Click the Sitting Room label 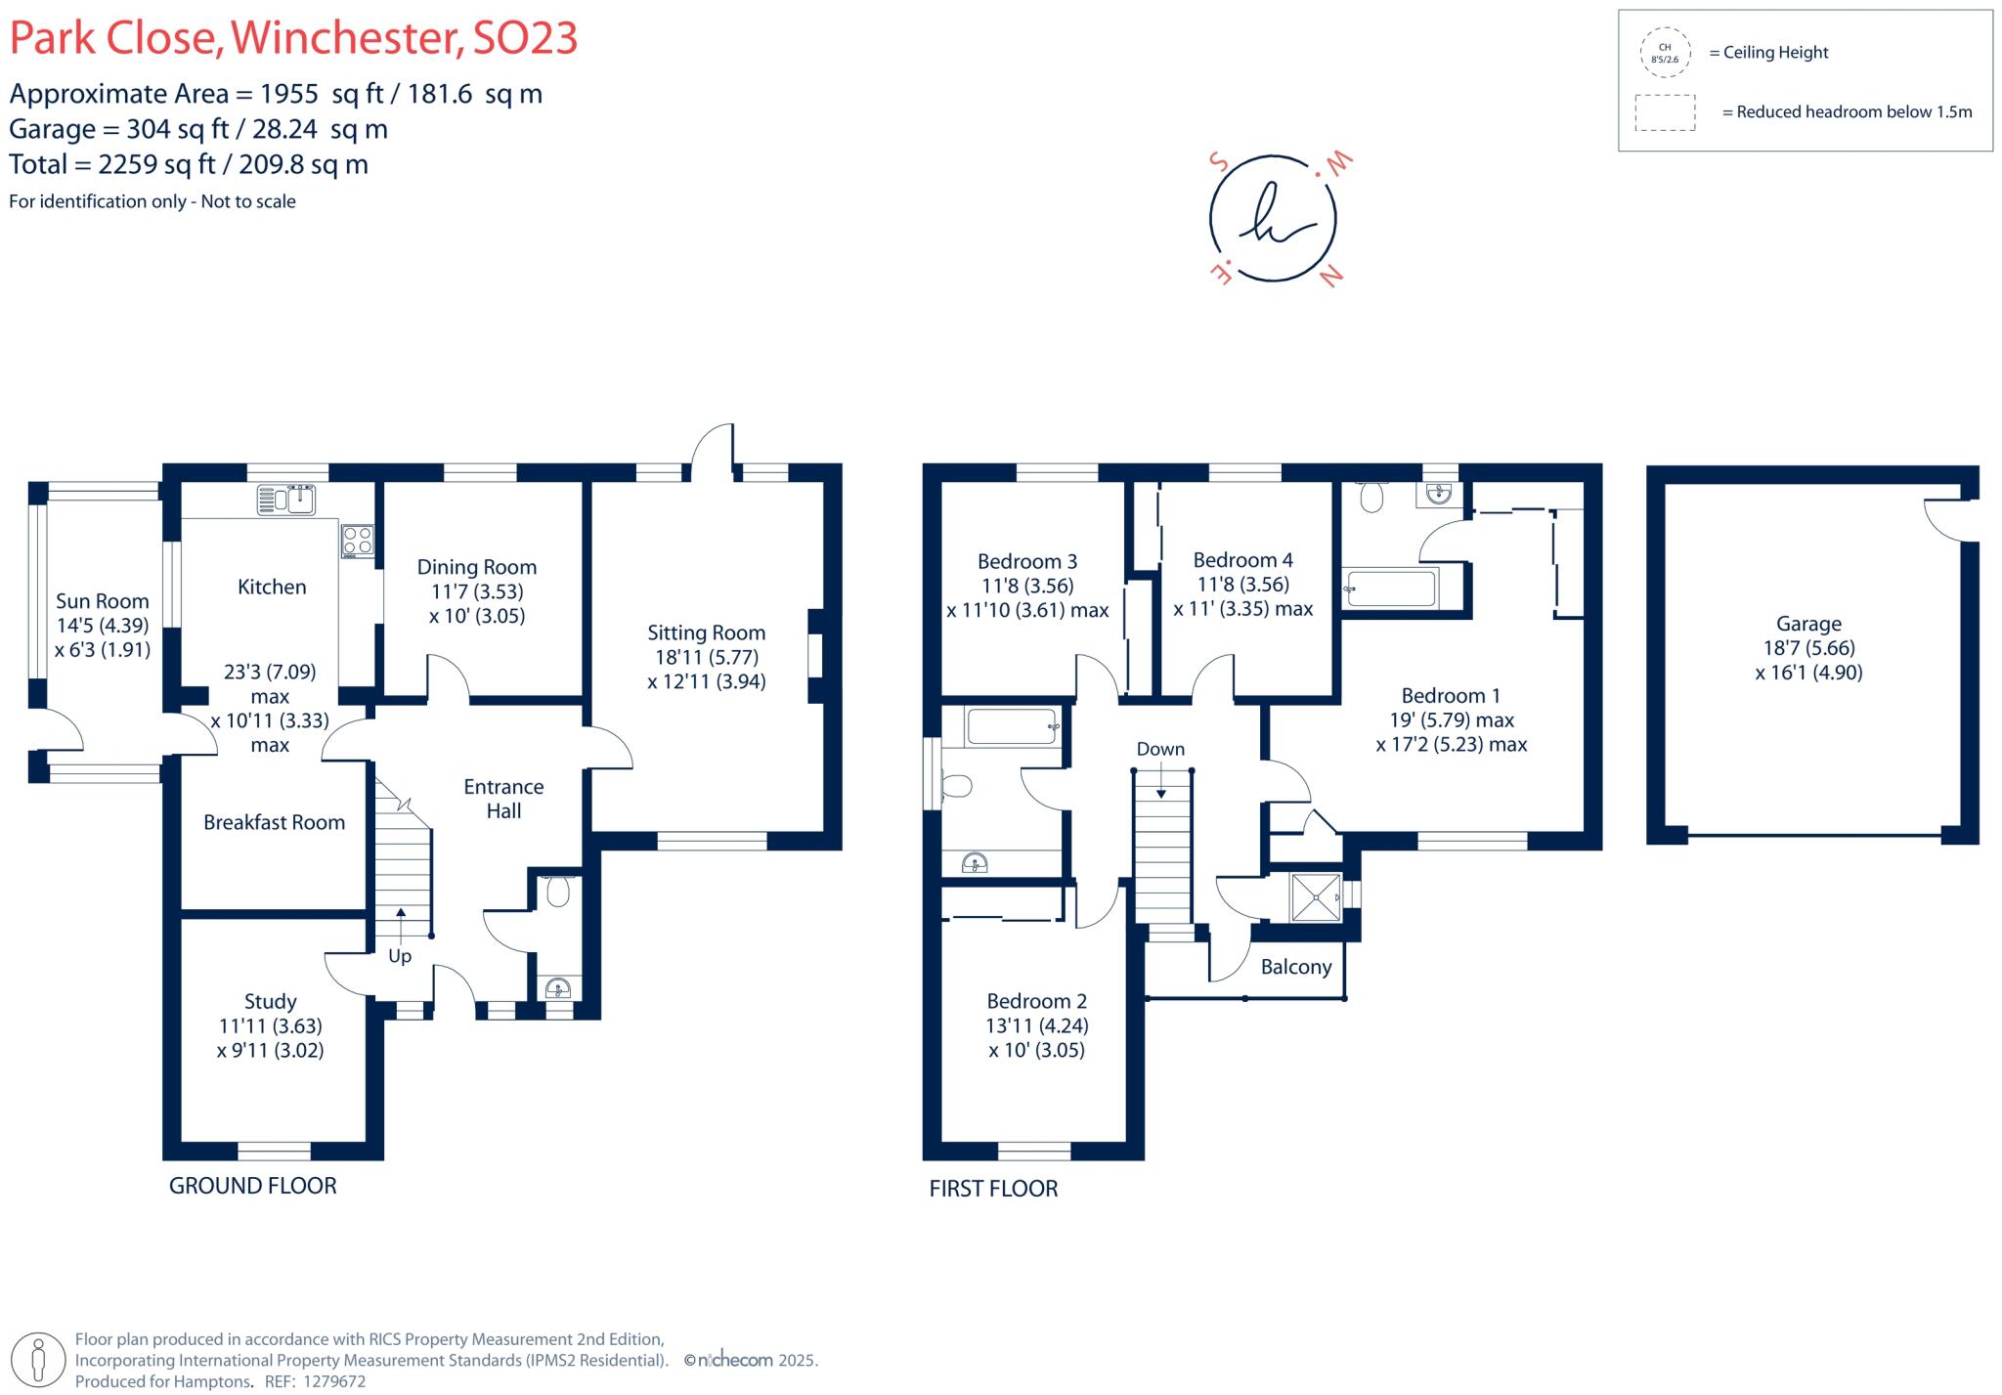pos(706,632)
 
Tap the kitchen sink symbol pos(286,500)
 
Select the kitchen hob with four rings pos(358,541)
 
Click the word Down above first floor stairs pos(1160,749)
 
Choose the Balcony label pos(1295,967)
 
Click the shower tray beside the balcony pos(1316,896)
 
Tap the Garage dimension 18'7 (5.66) pos(1808,647)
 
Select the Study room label pos(270,1001)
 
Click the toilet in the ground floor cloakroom pos(558,891)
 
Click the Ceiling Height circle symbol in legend pos(1665,53)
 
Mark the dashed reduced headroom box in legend pos(1665,112)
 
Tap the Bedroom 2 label pos(1036,1001)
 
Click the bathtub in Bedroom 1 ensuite pos(1389,589)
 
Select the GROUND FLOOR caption pos(252,1186)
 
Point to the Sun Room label pos(102,601)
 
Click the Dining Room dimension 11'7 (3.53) pos(477,591)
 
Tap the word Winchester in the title pos(346,38)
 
